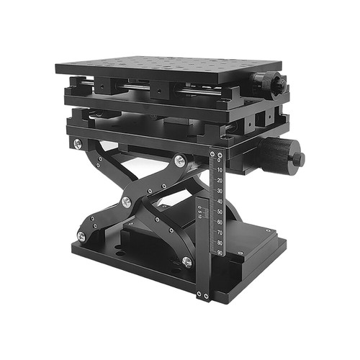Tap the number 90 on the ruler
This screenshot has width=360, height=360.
(x=219, y=253)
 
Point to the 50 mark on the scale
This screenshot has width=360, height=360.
(x=219, y=212)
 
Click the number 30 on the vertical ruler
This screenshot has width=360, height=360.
(x=220, y=191)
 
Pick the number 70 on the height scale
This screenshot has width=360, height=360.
(x=219, y=233)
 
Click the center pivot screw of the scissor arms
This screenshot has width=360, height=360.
(x=127, y=202)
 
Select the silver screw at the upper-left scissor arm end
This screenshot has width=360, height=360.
(x=78, y=144)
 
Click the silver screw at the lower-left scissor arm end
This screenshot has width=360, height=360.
(x=81, y=236)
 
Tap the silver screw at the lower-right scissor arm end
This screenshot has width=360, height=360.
(x=187, y=262)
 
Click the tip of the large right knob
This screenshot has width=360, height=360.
(x=300, y=158)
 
